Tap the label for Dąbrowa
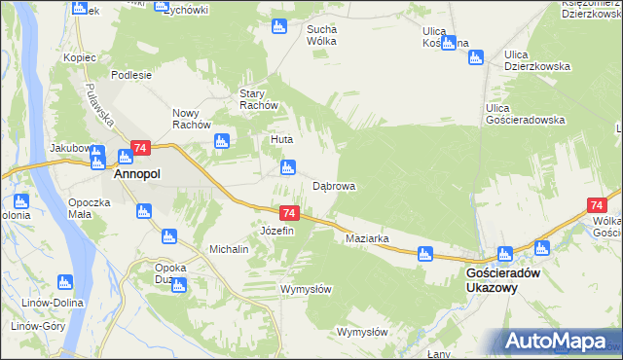[334, 186]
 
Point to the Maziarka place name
[367, 238]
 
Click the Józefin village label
[277, 231]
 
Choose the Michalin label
[230, 249]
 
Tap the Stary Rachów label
[260, 99]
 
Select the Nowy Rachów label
[192, 118]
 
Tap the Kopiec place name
[80, 57]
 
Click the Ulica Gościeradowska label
[526, 113]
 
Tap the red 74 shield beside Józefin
[288, 213]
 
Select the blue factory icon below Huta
[287, 167]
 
